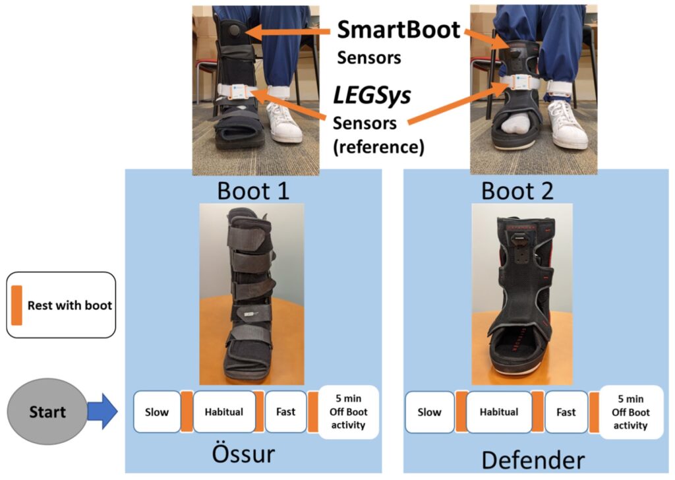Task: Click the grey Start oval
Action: (46, 412)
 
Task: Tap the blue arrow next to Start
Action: (102, 413)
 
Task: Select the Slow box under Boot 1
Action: (157, 412)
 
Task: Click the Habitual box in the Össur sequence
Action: (224, 412)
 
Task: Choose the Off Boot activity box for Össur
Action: (348, 412)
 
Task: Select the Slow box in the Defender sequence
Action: (429, 412)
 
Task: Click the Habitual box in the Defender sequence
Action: (499, 412)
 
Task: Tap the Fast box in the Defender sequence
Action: (566, 412)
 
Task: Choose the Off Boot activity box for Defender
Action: (630, 412)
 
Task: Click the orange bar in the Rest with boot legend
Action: (16, 305)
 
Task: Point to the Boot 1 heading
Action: (253, 191)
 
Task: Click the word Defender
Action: (533, 459)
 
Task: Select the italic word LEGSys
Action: (372, 96)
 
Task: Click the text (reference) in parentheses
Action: (378, 147)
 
